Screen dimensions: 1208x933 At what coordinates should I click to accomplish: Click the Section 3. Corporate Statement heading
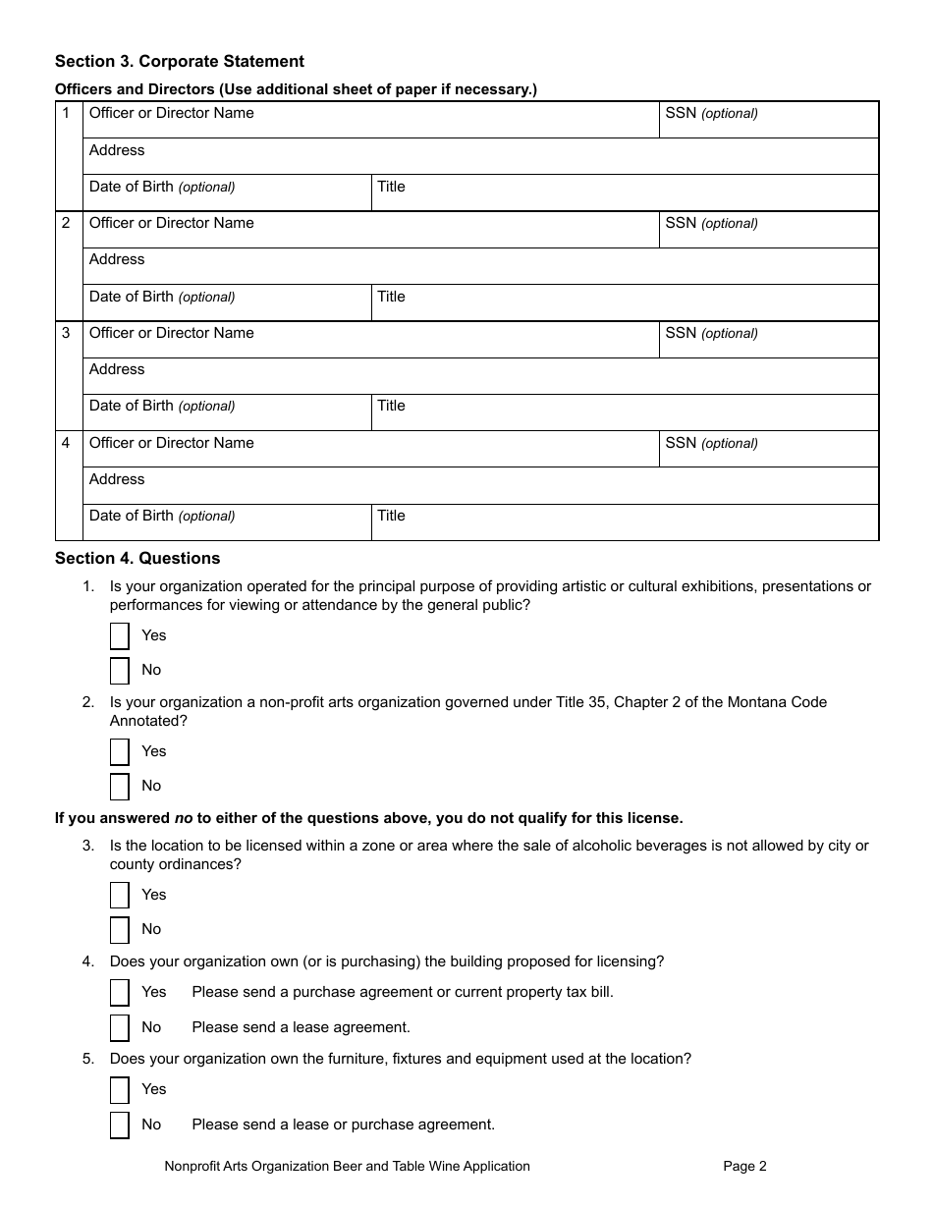[180, 62]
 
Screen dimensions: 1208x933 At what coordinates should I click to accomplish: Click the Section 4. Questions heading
[137, 559]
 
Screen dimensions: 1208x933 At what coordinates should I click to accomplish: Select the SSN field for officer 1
[768, 120]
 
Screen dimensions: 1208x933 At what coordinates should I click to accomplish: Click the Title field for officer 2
[625, 302]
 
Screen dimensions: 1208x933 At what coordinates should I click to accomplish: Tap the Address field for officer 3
[480, 376]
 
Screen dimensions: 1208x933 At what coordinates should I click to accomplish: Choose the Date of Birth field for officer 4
[227, 522]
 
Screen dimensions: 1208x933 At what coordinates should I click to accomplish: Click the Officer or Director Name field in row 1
[370, 120]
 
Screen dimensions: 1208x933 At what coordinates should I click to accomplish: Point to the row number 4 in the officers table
[67, 443]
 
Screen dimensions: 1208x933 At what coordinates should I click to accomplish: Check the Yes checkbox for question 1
[120, 636]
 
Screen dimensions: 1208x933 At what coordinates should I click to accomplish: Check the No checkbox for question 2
[120, 787]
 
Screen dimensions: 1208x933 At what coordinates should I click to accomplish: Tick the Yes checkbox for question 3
[120, 896]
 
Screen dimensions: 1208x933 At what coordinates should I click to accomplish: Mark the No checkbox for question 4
[120, 1028]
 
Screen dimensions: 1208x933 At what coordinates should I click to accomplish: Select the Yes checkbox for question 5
[120, 1090]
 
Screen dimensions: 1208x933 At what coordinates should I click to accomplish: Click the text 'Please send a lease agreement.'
[301, 1027]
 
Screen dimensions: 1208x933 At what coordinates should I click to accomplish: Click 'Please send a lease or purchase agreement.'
[343, 1125]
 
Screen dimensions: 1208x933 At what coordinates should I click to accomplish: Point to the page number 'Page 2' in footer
[744, 1167]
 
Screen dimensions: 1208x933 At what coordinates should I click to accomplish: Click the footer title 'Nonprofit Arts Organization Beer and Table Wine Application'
[347, 1167]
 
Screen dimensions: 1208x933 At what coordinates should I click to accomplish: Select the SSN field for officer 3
[768, 340]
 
